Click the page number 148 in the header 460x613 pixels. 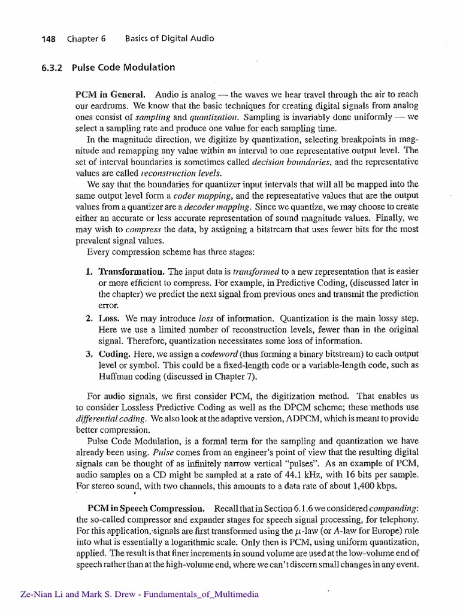[x=48, y=38]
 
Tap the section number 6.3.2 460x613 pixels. [x=54, y=67]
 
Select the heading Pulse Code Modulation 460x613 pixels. [x=123, y=67]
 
